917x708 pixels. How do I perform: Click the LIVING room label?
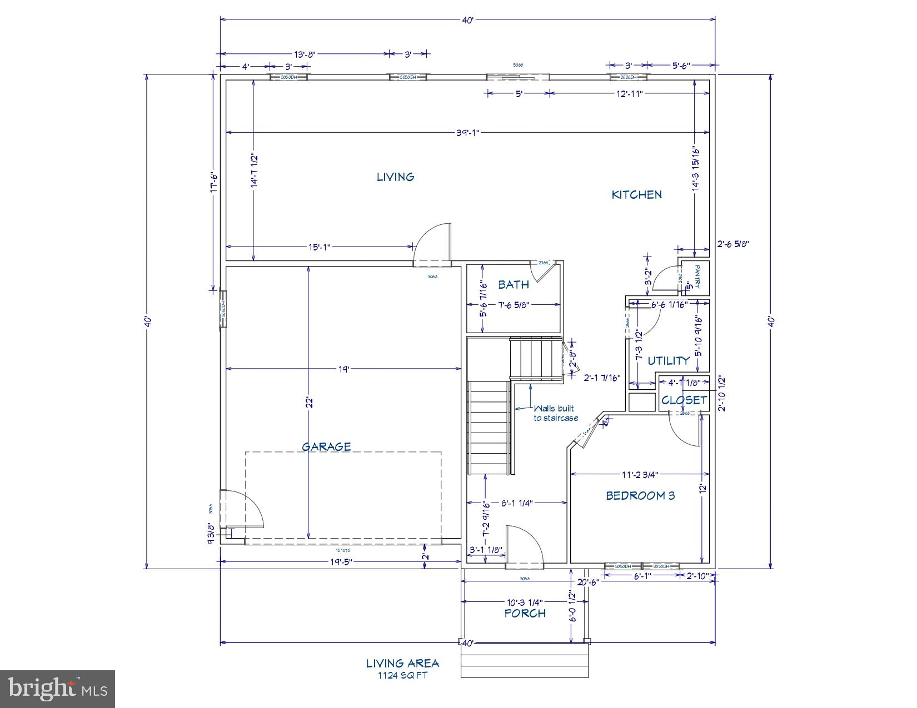395,177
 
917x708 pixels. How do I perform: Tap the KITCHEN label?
636,194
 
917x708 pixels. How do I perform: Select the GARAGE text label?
326,446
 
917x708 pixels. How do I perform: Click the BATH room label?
513,285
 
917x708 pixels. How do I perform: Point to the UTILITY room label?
669,360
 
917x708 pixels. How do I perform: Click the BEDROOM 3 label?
640,495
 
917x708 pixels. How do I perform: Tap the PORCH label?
525,613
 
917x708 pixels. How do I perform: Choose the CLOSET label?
684,400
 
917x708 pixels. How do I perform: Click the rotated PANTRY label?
697,275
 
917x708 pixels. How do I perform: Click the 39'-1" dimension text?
467,132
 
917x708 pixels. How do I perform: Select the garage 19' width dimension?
343,368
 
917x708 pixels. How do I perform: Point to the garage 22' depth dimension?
310,403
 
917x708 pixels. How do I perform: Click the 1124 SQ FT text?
402,675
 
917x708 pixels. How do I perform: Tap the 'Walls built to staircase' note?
555,413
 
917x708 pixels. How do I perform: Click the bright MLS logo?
58,689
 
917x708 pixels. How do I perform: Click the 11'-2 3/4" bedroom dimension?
640,474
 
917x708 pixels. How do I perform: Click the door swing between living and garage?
432,242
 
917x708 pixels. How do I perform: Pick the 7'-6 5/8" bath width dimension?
513,304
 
